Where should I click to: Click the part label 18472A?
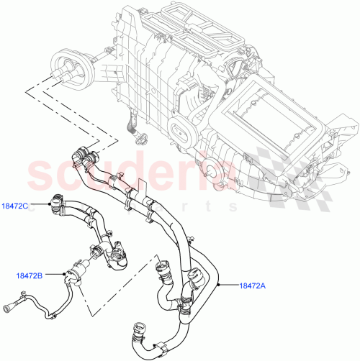tap(253, 285)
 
